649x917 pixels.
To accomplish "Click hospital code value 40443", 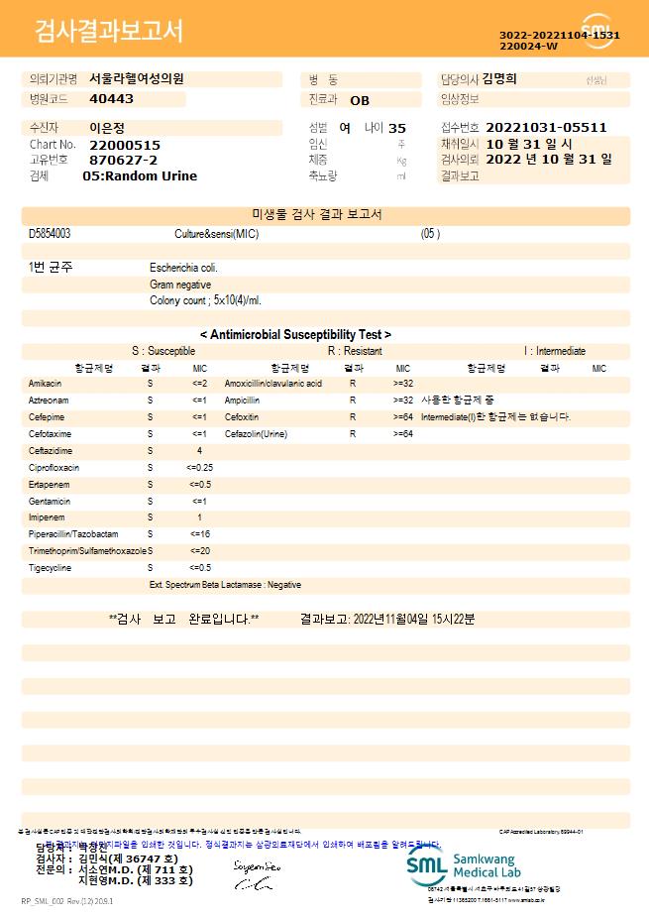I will point(111,99).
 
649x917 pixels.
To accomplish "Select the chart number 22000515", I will point(124,145).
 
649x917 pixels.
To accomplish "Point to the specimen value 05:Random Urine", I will point(140,176).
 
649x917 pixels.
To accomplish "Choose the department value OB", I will point(360,100).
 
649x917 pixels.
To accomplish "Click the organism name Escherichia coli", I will point(183,268).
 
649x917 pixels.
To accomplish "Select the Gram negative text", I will point(180,285).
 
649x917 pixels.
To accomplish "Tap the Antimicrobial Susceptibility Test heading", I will point(295,335).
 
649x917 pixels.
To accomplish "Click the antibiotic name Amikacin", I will point(46,383).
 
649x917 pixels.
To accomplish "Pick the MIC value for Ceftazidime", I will point(199,451).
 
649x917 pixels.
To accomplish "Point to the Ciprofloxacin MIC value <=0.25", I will point(199,468).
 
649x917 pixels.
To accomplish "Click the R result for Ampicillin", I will point(353,400).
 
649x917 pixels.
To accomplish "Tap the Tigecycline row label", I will point(50,568).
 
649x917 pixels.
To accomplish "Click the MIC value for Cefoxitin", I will point(403,417).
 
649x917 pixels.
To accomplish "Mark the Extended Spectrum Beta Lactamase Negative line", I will point(225,585).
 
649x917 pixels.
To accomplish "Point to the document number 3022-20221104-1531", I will point(560,36).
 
